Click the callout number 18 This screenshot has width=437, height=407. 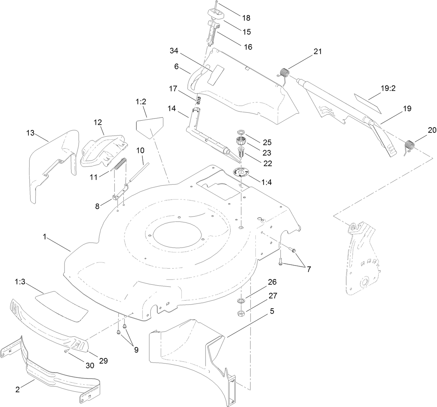[x=246, y=18]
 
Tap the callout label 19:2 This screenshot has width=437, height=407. [x=388, y=89]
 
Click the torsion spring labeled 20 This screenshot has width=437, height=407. [x=410, y=145]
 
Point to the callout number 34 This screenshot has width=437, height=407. [x=174, y=51]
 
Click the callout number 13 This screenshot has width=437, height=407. [x=31, y=133]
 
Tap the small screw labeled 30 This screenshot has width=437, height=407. [x=66, y=351]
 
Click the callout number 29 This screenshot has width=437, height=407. [x=103, y=361]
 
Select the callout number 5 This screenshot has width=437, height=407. [x=272, y=311]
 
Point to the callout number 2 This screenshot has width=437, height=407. [x=17, y=390]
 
